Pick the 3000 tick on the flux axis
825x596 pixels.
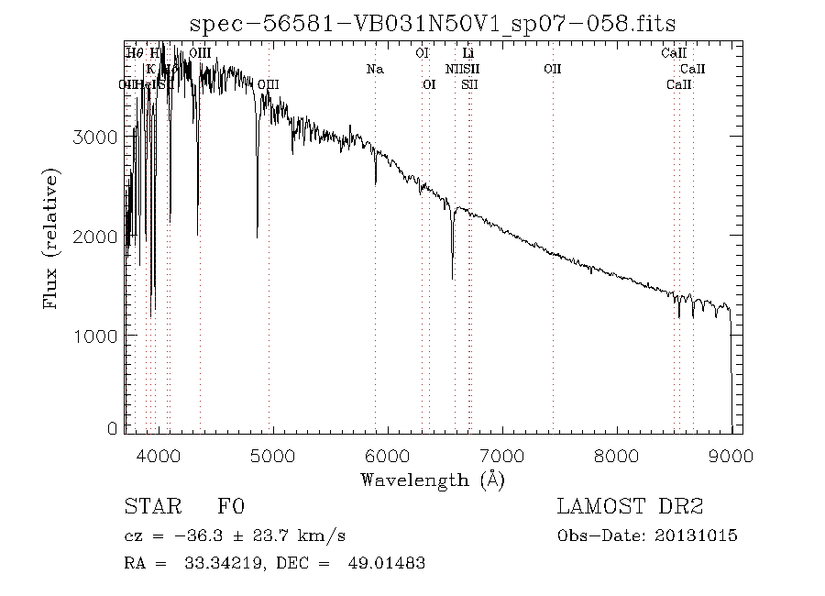coord(94,138)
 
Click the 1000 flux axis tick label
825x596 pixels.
coord(94,337)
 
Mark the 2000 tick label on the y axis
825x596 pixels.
coord(94,237)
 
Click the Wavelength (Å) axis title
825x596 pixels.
coord(433,480)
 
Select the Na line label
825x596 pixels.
coord(374,69)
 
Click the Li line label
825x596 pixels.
coord(467,53)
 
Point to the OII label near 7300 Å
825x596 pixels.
coord(552,69)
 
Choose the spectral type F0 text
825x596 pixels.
coord(230,507)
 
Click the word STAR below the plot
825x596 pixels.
coord(153,507)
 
